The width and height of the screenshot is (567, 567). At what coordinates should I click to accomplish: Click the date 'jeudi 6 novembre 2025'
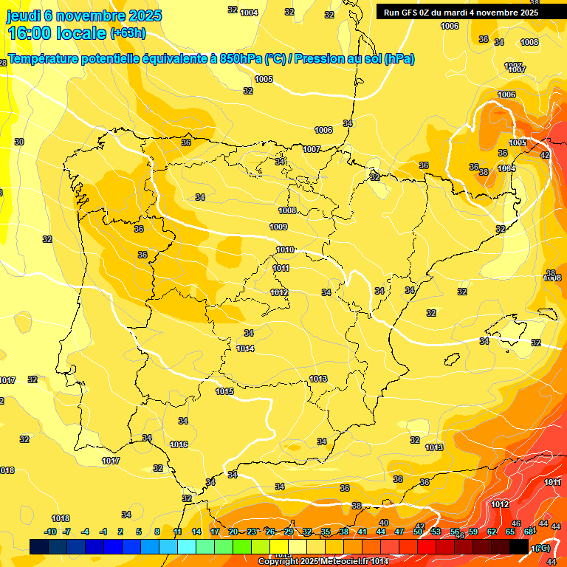[84, 16]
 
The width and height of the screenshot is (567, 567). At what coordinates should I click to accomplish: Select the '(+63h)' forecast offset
[128, 33]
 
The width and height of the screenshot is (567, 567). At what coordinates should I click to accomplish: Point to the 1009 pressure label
[278, 227]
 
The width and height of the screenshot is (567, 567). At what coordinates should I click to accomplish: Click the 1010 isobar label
[285, 250]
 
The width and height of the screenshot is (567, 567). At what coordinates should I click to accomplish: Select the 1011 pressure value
[281, 268]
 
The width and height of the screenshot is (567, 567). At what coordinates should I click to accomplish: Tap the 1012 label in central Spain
[279, 292]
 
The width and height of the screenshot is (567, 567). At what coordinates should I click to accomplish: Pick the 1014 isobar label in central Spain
[246, 348]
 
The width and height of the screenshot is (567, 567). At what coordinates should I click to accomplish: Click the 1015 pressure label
[224, 391]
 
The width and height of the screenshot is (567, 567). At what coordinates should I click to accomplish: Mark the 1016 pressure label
[179, 444]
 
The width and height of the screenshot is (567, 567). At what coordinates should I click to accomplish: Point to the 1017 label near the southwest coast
[111, 461]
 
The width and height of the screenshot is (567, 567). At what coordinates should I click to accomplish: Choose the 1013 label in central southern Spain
[318, 379]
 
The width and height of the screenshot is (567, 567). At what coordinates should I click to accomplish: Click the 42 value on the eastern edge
[545, 155]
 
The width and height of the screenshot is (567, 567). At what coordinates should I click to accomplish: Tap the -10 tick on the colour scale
[50, 532]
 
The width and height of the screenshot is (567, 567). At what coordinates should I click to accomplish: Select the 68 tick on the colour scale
[529, 532]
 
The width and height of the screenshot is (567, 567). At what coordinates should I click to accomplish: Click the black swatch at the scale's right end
[519, 546]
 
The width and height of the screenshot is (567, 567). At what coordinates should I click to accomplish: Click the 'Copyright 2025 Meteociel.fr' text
[310, 562]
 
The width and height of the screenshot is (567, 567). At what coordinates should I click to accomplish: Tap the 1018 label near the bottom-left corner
[61, 518]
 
